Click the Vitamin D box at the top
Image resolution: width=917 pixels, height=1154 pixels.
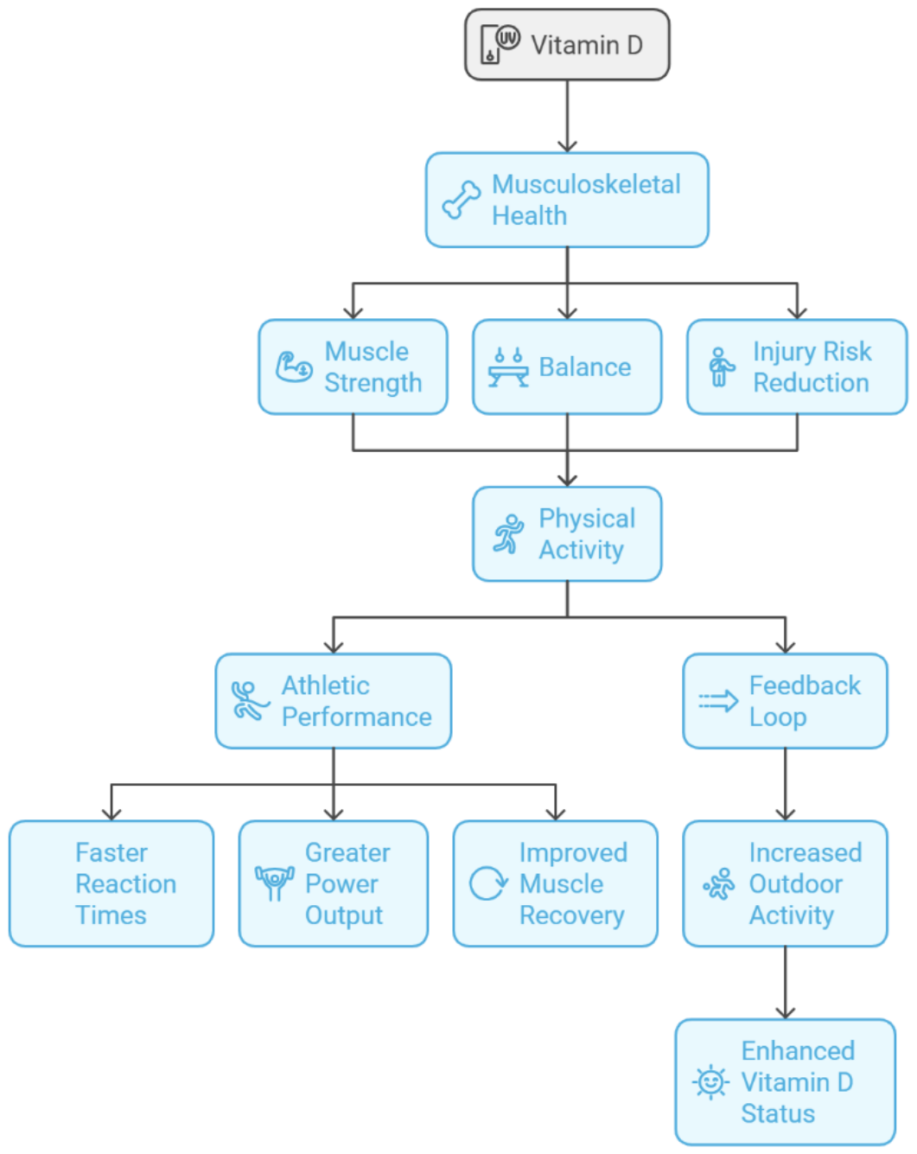[x=567, y=44]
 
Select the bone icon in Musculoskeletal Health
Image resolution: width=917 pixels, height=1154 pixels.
[x=462, y=200]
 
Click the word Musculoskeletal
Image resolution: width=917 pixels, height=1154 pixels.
[x=586, y=184]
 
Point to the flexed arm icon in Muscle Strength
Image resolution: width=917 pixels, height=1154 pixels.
[x=294, y=367]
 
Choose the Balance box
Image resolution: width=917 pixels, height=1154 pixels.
[x=567, y=367]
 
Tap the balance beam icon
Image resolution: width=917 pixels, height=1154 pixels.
[x=508, y=367]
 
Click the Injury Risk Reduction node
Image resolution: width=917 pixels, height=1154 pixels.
[x=797, y=367]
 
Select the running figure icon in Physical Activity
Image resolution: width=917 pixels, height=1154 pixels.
[x=508, y=533]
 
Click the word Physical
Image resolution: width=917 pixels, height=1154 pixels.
[x=587, y=519]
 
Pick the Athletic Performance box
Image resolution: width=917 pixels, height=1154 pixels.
[x=333, y=701]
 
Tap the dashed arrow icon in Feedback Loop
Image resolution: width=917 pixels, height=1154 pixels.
[x=718, y=701]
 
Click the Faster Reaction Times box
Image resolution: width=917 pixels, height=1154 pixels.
[x=111, y=883]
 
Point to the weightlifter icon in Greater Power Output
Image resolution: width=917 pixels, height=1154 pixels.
[x=274, y=883]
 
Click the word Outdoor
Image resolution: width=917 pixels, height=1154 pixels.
[x=795, y=883]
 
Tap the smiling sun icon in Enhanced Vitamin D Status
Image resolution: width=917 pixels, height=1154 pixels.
[x=710, y=1082]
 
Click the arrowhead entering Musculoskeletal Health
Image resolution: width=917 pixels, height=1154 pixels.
[x=567, y=146]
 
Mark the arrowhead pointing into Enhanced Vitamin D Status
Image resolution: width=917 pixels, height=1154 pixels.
[x=785, y=1012]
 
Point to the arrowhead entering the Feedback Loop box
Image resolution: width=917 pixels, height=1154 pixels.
[x=785, y=647]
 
